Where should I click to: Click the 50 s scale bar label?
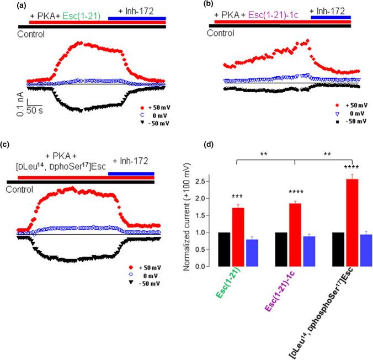click(x=38, y=110)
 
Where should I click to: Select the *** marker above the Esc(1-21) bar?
click(x=241, y=197)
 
